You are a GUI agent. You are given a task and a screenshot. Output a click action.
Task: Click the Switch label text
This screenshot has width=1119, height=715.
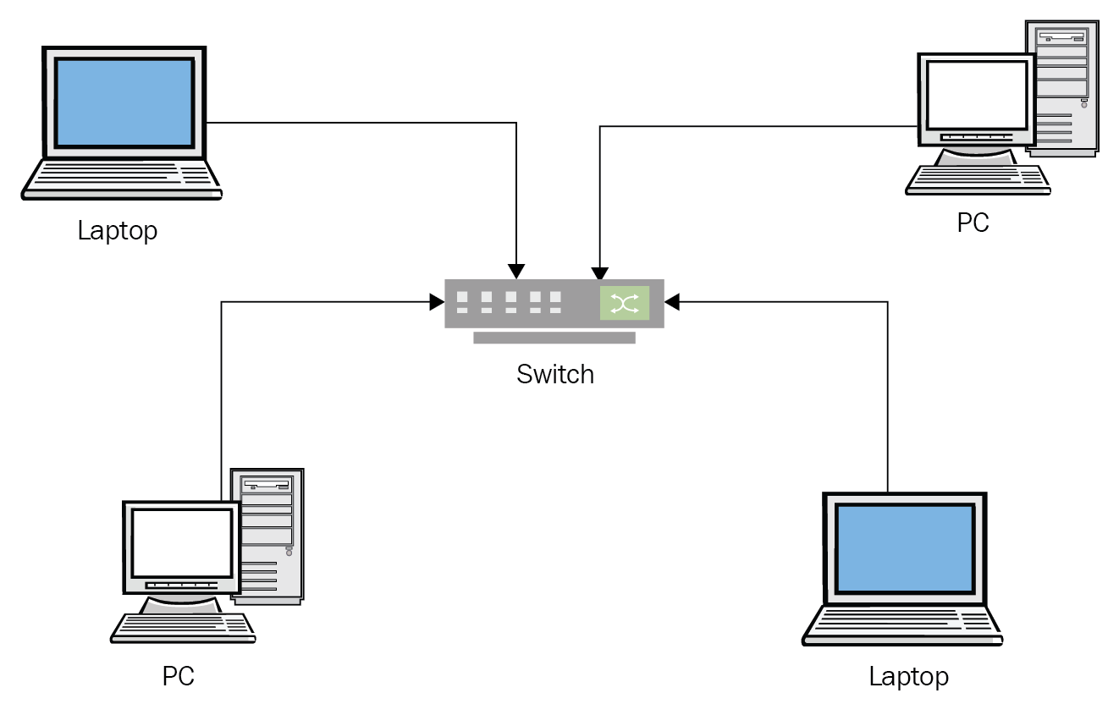click(555, 374)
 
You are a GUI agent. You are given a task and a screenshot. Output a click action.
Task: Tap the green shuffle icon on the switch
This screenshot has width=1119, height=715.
click(625, 303)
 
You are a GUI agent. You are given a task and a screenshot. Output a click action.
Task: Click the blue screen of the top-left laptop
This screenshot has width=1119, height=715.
click(124, 102)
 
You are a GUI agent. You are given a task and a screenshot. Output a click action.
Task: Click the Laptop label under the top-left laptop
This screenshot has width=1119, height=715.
click(118, 230)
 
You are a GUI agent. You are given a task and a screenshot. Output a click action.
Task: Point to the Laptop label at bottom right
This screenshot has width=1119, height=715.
click(908, 677)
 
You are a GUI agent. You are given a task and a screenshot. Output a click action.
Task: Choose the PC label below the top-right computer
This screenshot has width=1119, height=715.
click(973, 223)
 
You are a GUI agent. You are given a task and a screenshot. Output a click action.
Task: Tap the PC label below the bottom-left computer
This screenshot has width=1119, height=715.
click(179, 677)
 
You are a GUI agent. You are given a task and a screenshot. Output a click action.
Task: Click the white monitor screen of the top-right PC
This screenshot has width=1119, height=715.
click(978, 92)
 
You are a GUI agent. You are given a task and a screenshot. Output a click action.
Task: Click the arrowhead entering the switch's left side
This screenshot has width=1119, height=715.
click(438, 302)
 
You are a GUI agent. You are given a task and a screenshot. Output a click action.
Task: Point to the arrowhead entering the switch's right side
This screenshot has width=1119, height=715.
click(671, 302)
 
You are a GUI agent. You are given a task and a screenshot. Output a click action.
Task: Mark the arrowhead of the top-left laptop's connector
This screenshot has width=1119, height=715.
click(516, 272)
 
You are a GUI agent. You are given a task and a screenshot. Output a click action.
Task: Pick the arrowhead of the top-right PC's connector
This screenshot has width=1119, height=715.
click(600, 274)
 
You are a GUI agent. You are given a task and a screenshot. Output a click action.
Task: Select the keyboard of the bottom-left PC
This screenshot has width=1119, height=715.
click(183, 627)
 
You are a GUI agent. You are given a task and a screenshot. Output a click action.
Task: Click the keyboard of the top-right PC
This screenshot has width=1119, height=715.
click(978, 179)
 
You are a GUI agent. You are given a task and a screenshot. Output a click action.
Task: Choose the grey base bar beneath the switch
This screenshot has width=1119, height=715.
click(554, 338)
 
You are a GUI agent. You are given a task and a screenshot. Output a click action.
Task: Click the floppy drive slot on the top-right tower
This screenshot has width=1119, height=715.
click(1062, 37)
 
